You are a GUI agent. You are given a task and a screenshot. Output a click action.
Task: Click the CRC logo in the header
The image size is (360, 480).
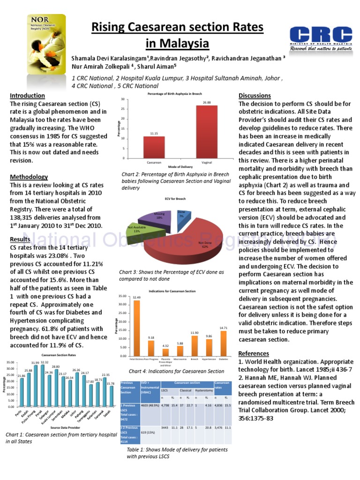(x=321, y=38)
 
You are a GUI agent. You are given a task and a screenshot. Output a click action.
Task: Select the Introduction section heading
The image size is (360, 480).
(x=27, y=96)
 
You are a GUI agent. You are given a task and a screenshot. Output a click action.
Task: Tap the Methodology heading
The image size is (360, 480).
(x=29, y=177)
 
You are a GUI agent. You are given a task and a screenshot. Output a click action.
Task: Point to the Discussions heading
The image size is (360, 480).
(x=255, y=96)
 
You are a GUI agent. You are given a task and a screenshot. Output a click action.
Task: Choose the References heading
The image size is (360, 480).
(x=254, y=353)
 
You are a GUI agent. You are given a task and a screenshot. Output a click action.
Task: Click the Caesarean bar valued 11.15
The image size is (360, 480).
(x=154, y=147)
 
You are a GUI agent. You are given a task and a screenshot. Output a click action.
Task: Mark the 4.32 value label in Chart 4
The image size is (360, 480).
(x=166, y=346)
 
